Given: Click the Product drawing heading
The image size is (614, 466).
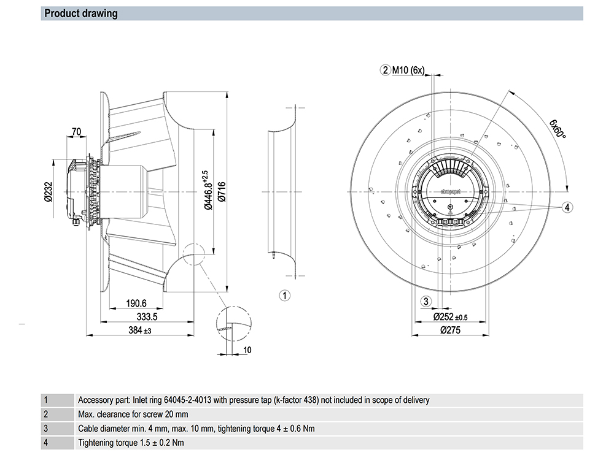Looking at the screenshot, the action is pos(80,13).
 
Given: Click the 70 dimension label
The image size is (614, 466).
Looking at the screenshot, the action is pos(76,131).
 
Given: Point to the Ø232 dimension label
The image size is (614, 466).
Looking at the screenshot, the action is pos(48,191).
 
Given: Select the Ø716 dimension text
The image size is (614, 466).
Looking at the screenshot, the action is pos(222,191).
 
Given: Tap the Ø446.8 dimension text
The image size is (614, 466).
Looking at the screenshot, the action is pos(208,190).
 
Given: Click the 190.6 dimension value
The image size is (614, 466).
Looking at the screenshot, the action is pos(136,304).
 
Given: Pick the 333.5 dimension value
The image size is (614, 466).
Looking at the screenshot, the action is pos(147,316).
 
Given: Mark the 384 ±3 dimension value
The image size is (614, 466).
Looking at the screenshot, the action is pos(140,330).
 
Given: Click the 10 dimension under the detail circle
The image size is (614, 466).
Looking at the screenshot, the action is pos(247,350).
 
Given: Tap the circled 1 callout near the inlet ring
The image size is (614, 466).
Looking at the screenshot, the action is pos(285,296).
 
